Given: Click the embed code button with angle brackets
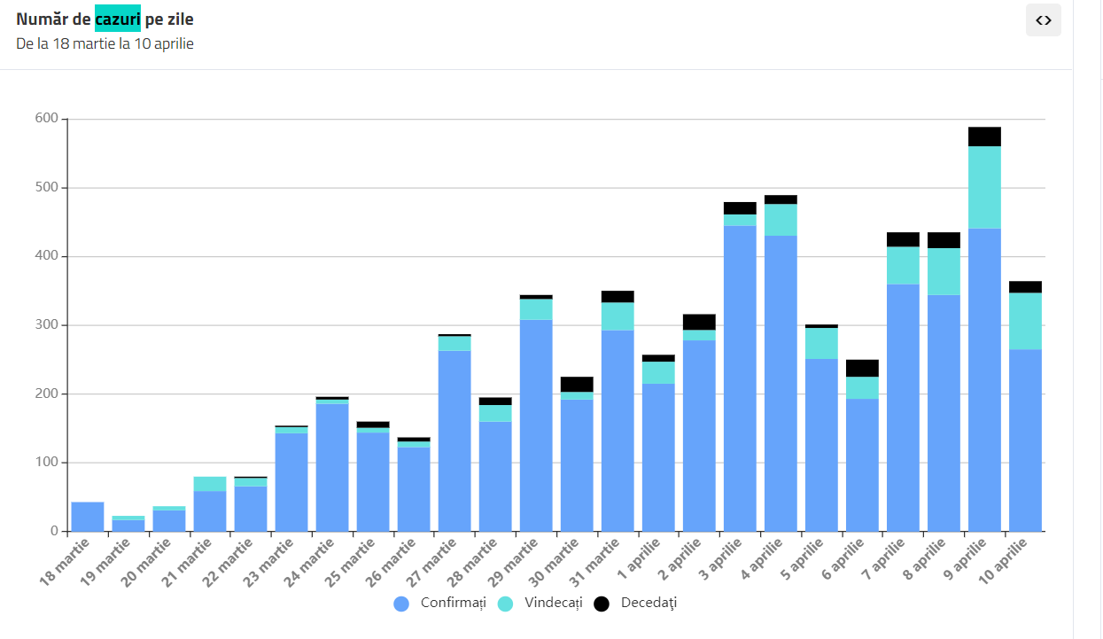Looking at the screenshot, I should (x=1043, y=20).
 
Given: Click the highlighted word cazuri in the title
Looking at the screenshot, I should (x=118, y=19).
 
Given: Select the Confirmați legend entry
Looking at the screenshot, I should (x=440, y=604).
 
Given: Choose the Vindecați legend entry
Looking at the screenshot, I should (x=540, y=604).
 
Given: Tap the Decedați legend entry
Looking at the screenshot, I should (x=635, y=604).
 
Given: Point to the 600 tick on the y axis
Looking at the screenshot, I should (x=47, y=119).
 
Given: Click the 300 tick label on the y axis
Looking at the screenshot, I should (x=47, y=325).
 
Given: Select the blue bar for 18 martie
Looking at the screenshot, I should (x=88, y=517).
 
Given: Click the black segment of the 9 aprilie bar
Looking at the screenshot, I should (x=984, y=136).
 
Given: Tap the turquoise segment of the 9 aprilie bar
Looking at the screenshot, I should (x=984, y=187).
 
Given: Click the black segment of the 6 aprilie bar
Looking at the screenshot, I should (x=862, y=368).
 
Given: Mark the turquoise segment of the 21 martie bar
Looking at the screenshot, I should (x=210, y=484).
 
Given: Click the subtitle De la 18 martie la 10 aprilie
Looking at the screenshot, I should (x=105, y=43).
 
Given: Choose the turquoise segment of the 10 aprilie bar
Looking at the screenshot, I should (x=1025, y=321).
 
